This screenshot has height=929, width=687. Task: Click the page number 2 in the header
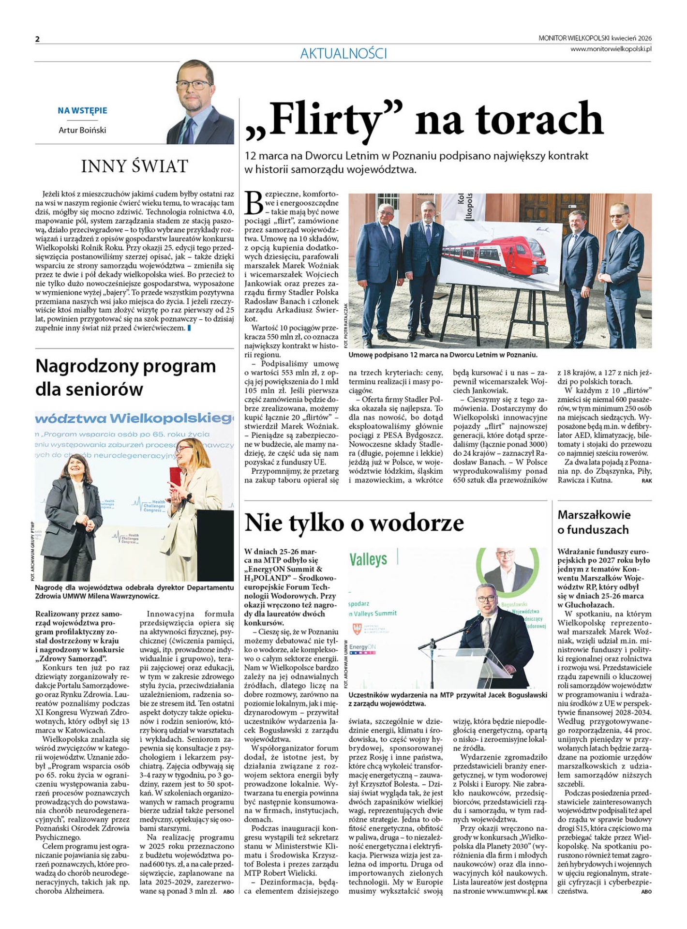[37, 39]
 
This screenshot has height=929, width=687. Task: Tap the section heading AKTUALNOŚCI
[343, 53]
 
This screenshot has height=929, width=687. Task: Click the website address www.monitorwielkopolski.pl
[611, 48]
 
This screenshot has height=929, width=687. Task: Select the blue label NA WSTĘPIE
[82, 110]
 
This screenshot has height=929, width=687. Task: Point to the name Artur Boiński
[82, 130]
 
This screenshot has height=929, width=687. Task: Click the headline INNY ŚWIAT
[134, 166]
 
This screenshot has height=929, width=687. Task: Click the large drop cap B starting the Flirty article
[254, 203]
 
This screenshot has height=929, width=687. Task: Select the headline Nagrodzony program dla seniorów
[126, 377]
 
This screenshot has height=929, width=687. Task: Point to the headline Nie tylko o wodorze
[354, 523]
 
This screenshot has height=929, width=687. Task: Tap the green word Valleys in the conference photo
[368, 559]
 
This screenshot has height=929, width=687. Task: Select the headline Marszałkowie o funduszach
[594, 522]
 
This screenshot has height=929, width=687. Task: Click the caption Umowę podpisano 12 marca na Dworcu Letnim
[443, 355]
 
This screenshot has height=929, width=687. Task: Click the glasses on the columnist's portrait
[195, 85]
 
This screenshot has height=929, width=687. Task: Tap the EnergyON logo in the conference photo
[362, 648]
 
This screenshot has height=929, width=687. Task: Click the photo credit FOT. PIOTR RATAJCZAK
[345, 324]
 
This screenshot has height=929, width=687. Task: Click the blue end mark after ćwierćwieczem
[189, 328]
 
